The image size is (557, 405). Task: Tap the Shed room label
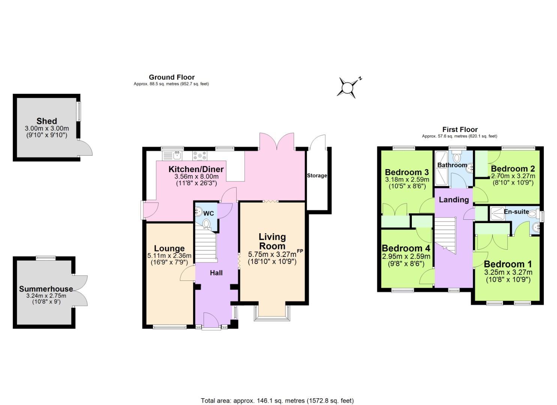tap(47, 121)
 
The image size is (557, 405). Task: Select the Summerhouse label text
tap(46, 289)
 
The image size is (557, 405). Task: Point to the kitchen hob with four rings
tap(200, 155)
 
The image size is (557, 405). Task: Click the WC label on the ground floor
tap(209, 213)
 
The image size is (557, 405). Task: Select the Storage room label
tap(317, 175)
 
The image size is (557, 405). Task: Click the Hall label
tap(216, 273)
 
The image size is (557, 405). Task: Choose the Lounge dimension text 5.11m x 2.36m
tap(169, 256)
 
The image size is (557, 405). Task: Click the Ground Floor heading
tap(172, 77)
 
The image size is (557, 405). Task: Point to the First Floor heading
tap(460, 129)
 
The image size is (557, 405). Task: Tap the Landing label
tap(454, 199)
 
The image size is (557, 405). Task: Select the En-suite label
tap(516, 212)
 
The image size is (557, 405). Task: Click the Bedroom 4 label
tap(406, 248)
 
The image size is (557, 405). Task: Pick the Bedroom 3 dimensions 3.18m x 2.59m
tap(407, 180)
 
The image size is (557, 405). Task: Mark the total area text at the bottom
tap(277, 401)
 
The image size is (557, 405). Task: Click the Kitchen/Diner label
tap(196, 169)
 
